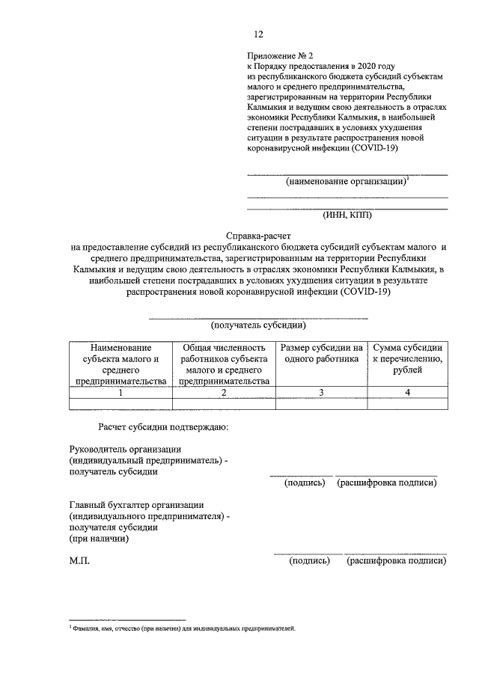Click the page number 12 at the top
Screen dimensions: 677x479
258,34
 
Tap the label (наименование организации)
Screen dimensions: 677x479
345,182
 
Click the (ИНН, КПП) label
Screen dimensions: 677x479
347,215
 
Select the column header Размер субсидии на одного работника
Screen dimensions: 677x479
321,353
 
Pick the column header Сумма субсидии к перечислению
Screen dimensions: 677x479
407,358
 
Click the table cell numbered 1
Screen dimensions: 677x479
120,393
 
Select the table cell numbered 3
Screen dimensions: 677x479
321,393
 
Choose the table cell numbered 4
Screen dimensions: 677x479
407,393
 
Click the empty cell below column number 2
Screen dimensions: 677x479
224,404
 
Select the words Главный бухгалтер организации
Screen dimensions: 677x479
136,506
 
